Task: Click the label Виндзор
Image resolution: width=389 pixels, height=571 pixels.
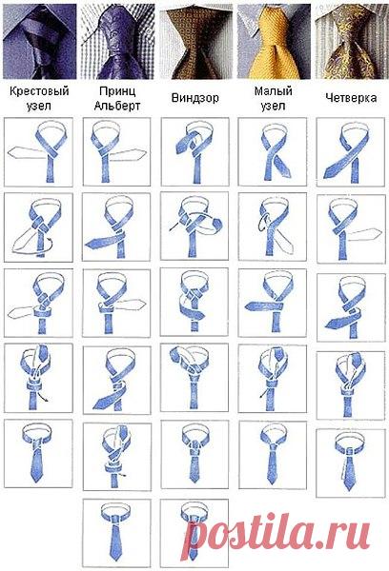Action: (x=194, y=98)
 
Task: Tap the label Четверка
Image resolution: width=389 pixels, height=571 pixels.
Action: (x=351, y=98)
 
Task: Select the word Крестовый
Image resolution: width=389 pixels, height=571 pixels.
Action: (x=39, y=90)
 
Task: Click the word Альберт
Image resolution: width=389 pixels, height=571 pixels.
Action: (x=117, y=106)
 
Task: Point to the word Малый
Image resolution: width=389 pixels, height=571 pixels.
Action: (x=274, y=90)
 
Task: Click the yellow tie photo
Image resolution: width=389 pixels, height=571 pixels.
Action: (x=274, y=41)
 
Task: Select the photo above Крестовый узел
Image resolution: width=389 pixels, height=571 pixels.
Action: (x=40, y=41)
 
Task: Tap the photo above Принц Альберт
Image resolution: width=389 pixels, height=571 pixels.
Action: (x=117, y=41)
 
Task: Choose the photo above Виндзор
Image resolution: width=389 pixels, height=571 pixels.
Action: (x=195, y=41)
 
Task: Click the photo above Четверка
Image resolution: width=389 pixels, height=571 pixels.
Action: (x=352, y=41)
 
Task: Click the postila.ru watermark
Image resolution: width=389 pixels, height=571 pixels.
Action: (x=276, y=533)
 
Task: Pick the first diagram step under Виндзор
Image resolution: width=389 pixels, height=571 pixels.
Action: (x=194, y=151)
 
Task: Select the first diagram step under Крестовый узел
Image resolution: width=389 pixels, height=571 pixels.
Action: (x=38, y=151)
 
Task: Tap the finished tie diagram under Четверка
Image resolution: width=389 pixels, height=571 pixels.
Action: (x=350, y=463)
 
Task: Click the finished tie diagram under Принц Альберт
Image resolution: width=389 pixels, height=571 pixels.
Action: (x=116, y=533)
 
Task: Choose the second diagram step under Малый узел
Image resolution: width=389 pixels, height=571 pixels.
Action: (x=273, y=226)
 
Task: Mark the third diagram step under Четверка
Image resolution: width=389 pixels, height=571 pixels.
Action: (x=351, y=307)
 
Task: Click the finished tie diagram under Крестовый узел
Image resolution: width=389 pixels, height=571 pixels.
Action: (x=38, y=453)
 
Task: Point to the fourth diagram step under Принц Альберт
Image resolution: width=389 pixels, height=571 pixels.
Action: (x=116, y=380)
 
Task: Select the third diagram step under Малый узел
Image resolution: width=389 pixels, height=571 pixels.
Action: (x=273, y=303)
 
